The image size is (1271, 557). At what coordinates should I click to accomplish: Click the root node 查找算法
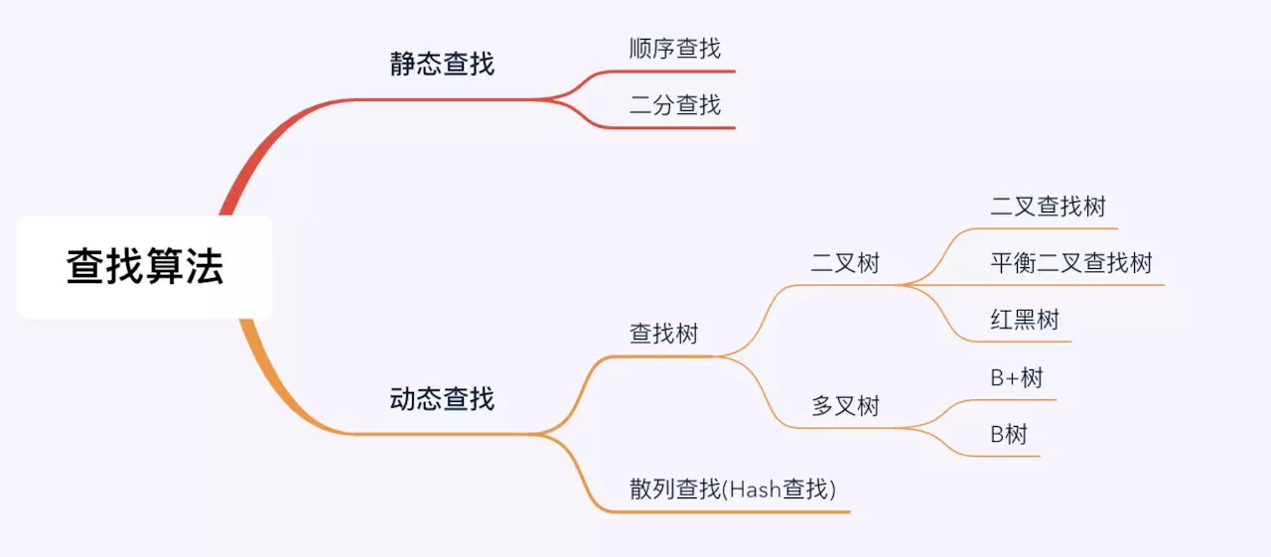tap(145, 267)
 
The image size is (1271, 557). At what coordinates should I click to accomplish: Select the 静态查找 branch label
tap(442, 65)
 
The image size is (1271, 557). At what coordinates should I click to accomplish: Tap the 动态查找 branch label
tap(442, 399)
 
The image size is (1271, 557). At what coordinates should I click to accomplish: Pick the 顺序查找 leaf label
tap(675, 48)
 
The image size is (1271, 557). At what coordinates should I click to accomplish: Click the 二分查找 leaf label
tap(675, 104)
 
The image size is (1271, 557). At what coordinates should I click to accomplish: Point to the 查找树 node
tap(664, 334)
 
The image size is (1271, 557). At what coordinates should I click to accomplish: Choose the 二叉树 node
tap(845, 263)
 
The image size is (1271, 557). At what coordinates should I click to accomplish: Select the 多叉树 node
tap(845, 405)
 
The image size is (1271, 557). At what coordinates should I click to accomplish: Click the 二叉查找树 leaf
tap(1048, 207)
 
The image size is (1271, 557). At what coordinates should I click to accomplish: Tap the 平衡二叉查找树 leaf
tap(1070, 263)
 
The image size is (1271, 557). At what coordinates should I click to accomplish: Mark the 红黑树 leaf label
tap(1025, 320)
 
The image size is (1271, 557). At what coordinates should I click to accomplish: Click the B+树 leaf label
tap(1017, 377)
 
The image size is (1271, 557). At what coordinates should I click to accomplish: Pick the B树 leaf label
tap(1009, 434)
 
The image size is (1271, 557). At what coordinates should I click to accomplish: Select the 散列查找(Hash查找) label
tap(733, 488)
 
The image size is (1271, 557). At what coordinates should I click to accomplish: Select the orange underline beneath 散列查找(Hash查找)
tap(735, 511)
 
